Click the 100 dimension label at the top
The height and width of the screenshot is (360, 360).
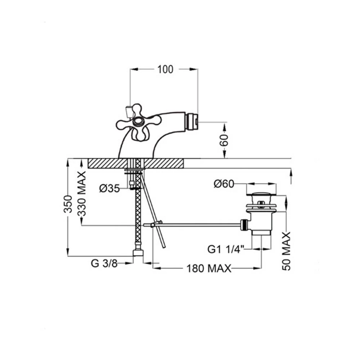165,69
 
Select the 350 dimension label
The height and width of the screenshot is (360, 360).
68,204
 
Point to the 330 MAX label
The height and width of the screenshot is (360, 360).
81,194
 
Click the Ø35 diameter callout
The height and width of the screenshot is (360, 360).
109,189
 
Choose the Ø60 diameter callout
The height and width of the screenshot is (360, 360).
224,184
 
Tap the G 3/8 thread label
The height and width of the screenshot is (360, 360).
104,264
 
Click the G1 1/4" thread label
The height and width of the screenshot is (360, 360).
226,249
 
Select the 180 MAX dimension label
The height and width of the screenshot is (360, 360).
209,268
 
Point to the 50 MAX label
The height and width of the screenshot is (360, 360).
286,251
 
